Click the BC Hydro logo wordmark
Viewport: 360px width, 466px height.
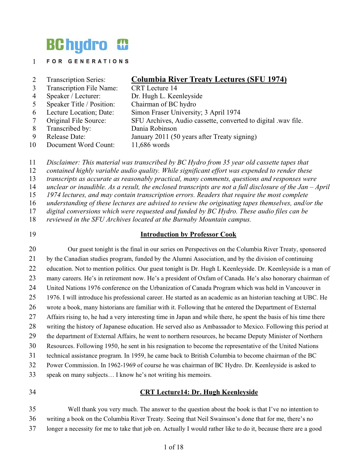pyautogui.click(x=77, y=45)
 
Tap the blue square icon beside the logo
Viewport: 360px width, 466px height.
pyautogui.click(x=123, y=45)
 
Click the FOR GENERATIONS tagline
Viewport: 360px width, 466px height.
pyautogui.click(x=88, y=61)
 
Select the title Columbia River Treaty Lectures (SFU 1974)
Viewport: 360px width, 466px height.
pyautogui.click(x=209, y=79)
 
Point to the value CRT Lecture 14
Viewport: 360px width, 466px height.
pyautogui.click(x=154, y=88)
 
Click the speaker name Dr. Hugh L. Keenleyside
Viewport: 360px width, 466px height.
pyautogui.click(x=167, y=96)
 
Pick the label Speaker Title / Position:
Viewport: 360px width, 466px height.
pyautogui.click(x=81, y=104)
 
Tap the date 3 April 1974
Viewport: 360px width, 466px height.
pyautogui.click(x=222, y=112)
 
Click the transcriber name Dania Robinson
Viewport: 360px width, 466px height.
pyautogui.click(x=154, y=128)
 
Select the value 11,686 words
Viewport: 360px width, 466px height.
pyautogui.click(x=150, y=145)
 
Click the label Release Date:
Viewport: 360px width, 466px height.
pyautogui.click(x=66, y=137)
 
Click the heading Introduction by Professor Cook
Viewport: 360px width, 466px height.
pyautogui.click(x=188, y=234)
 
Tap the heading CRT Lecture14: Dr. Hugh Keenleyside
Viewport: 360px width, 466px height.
pyautogui.click(x=199, y=392)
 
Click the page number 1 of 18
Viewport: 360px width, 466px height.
pyautogui.click(x=174, y=447)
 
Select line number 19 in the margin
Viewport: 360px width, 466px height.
pyautogui.click(x=32, y=234)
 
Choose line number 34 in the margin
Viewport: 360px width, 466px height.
pyautogui.click(x=32, y=392)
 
